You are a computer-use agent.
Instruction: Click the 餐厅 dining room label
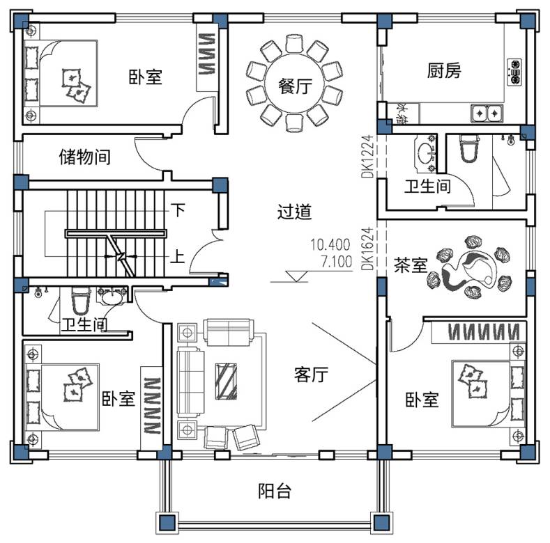point(294,87)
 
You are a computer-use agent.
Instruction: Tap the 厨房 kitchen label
point(444,70)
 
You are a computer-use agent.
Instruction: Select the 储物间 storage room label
point(84,157)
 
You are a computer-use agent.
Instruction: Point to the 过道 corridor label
point(294,212)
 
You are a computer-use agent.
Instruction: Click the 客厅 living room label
point(311,375)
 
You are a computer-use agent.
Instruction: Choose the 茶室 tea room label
point(410,265)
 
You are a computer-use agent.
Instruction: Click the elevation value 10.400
point(330,244)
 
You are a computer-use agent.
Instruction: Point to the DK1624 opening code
point(367,248)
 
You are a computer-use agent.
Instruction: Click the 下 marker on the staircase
point(178,209)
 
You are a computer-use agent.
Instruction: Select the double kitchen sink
point(487,111)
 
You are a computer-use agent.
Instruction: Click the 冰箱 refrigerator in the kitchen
point(403,113)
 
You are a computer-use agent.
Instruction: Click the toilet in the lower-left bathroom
point(81,301)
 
